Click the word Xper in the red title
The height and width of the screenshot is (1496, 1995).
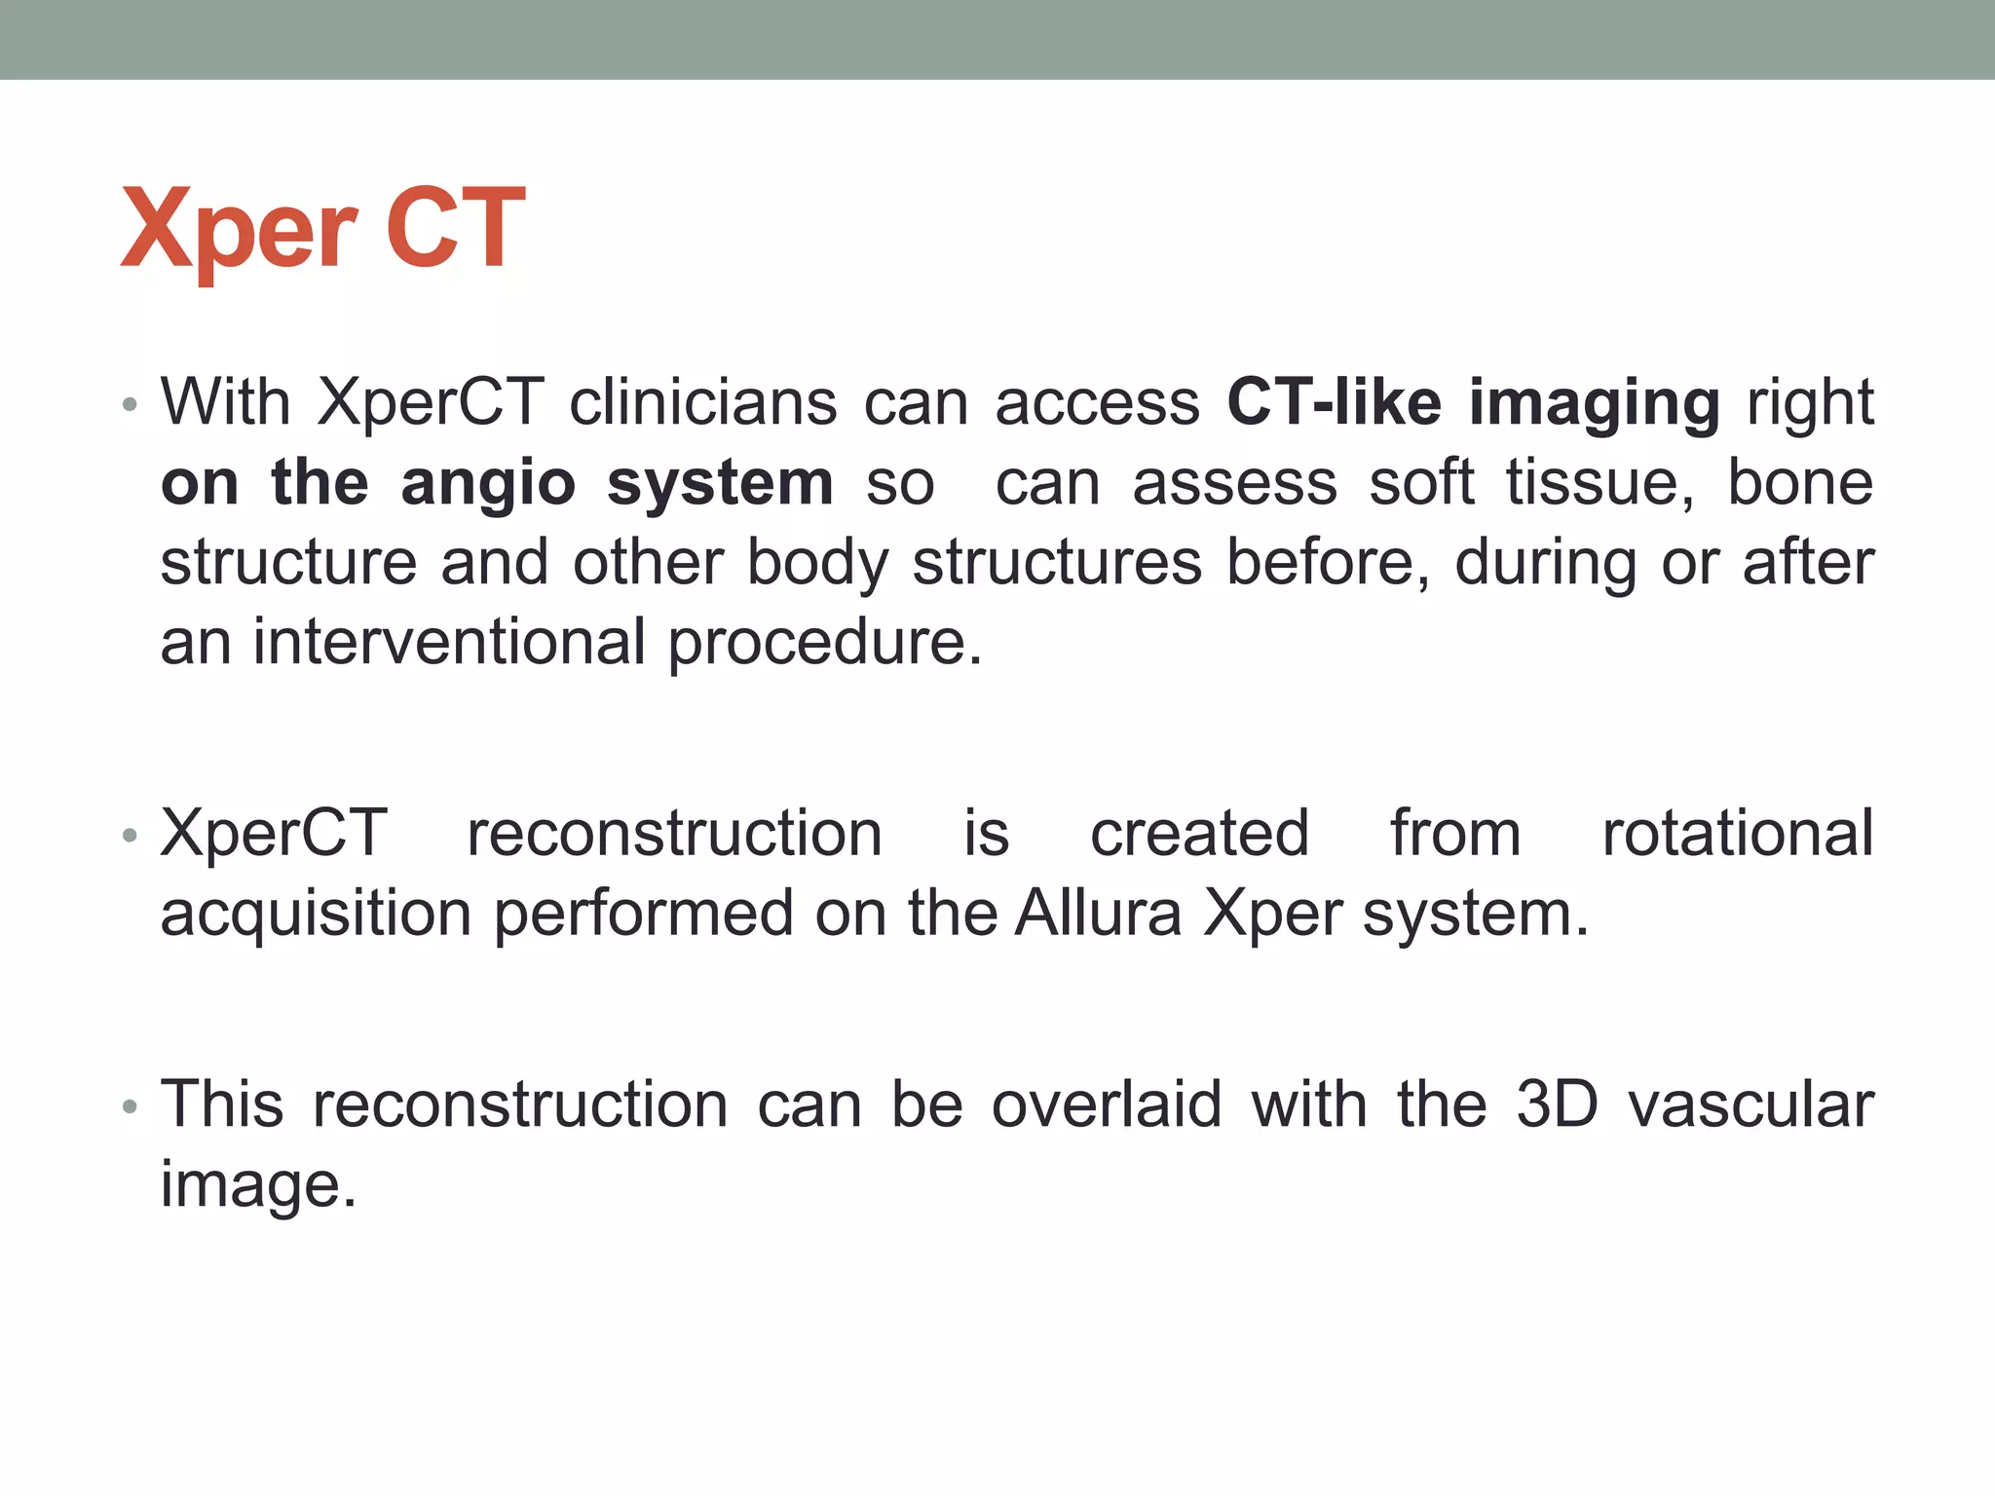pyautogui.click(x=239, y=230)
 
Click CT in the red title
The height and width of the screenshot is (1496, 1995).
pyautogui.click(x=455, y=228)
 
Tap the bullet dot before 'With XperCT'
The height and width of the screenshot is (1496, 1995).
pyautogui.click(x=130, y=404)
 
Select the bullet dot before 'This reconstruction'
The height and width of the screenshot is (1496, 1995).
pyautogui.click(x=130, y=1106)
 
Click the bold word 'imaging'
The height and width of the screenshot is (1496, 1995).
pyautogui.click(x=1595, y=404)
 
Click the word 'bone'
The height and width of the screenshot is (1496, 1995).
pyautogui.click(x=1799, y=483)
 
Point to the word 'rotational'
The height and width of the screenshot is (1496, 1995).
pyautogui.click(x=1737, y=834)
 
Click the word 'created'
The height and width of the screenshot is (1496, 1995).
pyautogui.click(x=1199, y=834)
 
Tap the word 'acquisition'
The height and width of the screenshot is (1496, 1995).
pyautogui.click(x=316, y=916)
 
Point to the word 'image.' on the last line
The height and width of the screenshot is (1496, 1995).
pyautogui.click(x=258, y=1186)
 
